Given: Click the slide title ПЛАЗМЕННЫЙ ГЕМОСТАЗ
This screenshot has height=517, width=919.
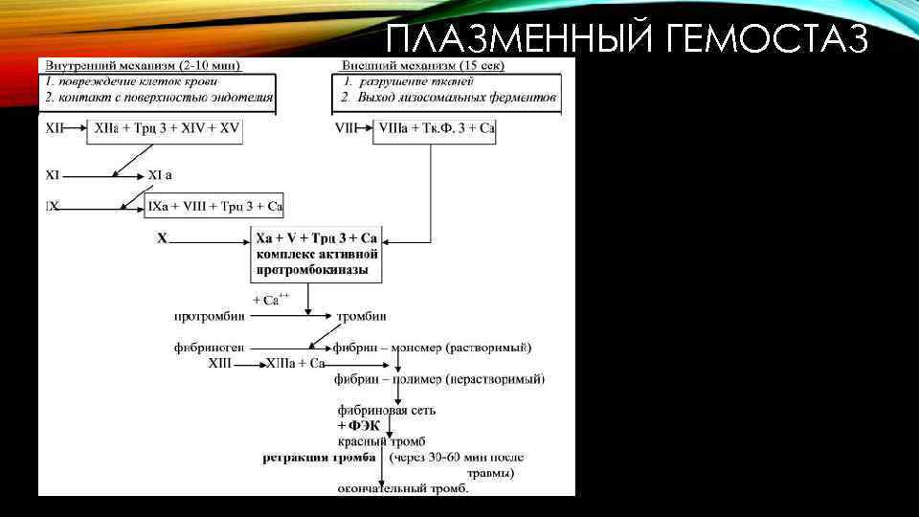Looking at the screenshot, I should pyautogui.click(x=628, y=39).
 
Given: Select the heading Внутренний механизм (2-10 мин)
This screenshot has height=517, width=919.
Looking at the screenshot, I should pyautogui.click(x=140, y=65).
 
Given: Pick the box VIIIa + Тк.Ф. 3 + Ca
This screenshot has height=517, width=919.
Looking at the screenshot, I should pyautogui.click(x=434, y=128).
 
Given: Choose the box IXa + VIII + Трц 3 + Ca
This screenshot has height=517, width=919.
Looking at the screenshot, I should pyautogui.click(x=215, y=206).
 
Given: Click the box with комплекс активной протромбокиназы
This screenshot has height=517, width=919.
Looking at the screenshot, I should pyautogui.click(x=317, y=254).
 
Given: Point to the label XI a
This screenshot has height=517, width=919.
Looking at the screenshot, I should pyautogui.click(x=160, y=175).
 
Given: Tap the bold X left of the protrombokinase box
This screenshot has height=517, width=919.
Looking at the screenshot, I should pyautogui.click(x=162, y=236).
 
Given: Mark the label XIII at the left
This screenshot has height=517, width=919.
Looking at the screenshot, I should pyautogui.click(x=219, y=364).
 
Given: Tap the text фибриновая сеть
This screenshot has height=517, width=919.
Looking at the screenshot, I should pyautogui.click(x=387, y=410).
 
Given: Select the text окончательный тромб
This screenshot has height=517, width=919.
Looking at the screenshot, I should pyautogui.click(x=403, y=489).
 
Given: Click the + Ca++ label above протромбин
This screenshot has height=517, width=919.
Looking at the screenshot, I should pyautogui.click(x=271, y=299).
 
